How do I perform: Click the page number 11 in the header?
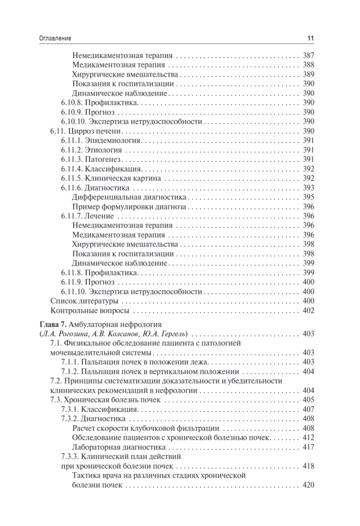(310, 39)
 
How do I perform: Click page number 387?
(309, 56)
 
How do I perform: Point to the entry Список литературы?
(85, 301)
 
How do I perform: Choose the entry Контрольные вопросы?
(90, 311)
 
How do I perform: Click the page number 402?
(309, 311)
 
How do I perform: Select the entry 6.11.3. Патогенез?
(91, 159)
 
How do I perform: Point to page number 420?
(309, 485)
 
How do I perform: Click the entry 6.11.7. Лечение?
(87, 216)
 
